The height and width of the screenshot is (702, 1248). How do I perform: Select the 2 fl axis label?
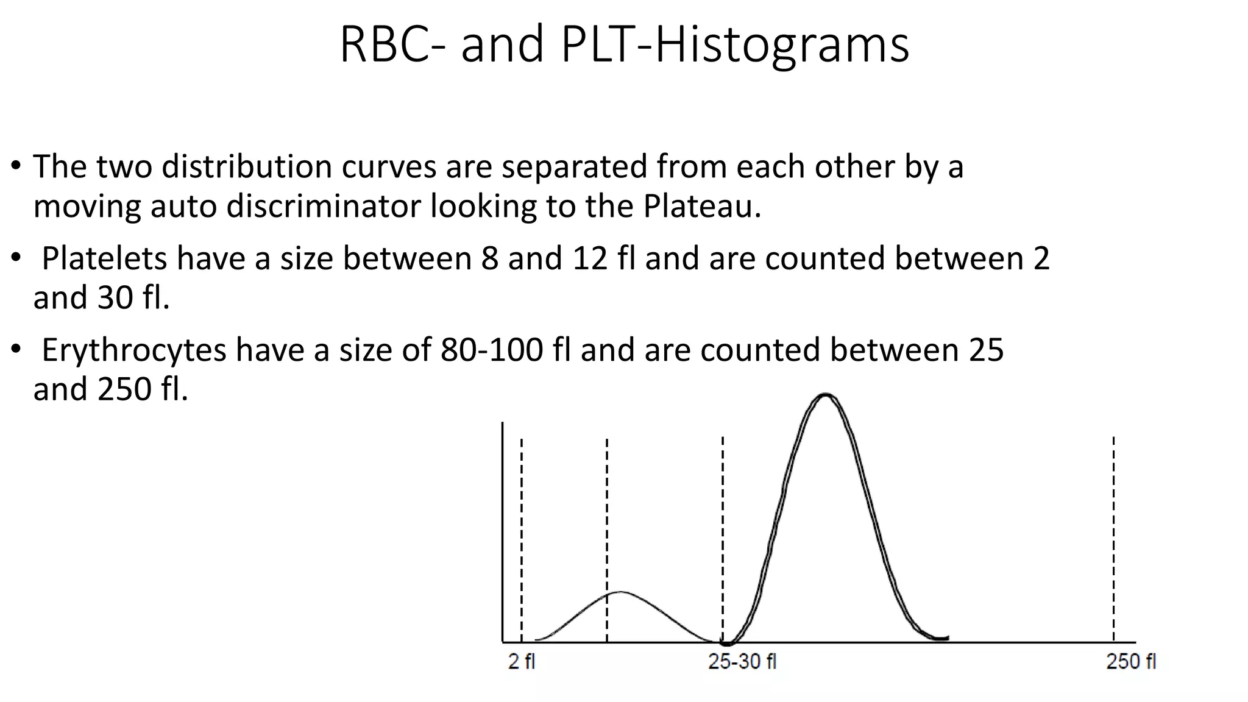click(x=522, y=662)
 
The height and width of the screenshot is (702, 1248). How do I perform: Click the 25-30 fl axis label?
click(x=742, y=662)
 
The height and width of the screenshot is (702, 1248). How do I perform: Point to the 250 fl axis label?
click(x=1131, y=662)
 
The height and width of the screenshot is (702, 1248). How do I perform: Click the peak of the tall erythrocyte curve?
click(x=826, y=395)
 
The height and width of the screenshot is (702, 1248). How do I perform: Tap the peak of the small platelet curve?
click(x=620, y=592)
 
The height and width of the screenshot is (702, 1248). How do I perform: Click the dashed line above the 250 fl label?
click(x=1113, y=536)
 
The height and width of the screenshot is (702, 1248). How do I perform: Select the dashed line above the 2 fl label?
click(x=522, y=536)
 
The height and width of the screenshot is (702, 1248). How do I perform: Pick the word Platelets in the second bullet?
click(x=104, y=258)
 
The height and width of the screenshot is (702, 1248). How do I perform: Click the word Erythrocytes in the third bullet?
click(x=134, y=350)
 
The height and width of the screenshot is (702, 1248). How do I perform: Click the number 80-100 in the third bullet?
click(x=492, y=350)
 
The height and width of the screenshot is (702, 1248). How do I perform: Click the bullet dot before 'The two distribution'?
click(x=16, y=166)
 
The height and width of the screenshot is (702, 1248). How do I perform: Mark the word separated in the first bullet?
click(x=574, y=167)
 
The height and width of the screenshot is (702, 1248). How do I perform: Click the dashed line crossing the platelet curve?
click(x=607, y=536)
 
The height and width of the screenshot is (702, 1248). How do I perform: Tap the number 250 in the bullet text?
click(x=124, y=389)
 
